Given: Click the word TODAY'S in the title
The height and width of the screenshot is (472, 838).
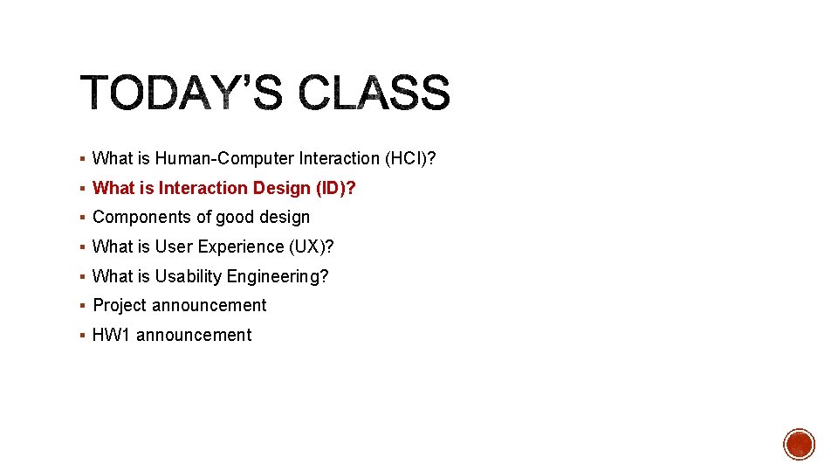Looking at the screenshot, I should [182, 94].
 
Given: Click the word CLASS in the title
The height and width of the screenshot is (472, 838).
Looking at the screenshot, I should [374, 94].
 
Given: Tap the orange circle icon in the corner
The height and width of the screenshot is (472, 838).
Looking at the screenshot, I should [799, 444].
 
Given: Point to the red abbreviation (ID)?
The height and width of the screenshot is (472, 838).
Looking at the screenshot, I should [335, 188].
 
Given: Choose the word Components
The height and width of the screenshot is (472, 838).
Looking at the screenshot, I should [135, 217].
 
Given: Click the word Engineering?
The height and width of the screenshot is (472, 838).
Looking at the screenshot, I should [278, 276].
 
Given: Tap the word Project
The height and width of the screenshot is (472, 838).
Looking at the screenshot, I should [120, 305].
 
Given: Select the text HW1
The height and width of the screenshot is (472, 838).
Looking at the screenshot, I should [112, 335].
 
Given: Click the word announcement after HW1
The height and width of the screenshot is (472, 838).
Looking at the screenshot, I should [194, 335].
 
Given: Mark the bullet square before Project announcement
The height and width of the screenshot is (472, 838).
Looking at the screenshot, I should [81, 306].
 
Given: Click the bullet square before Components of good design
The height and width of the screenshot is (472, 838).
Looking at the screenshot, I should [81, 218].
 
